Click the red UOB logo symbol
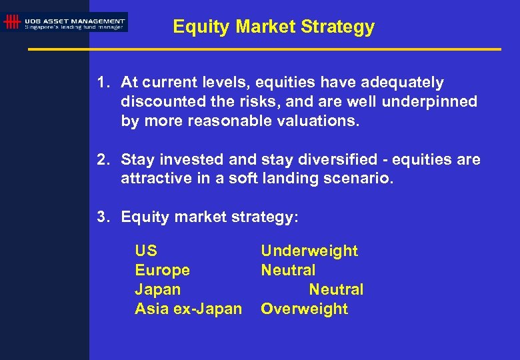pyautogui.click(x=11, y=22)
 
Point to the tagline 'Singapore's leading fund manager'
pyautogui.click(x=75, y=27)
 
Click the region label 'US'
pyautogui.click(x=146, y=251)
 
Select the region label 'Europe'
pyautogui.click(x=162, y=271)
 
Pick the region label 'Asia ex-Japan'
pyautogui.click(x=188, y=309)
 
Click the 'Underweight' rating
pyautogui.click(x=309, y=251)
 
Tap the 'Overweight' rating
pyautogui.click(x=304, y=309)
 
